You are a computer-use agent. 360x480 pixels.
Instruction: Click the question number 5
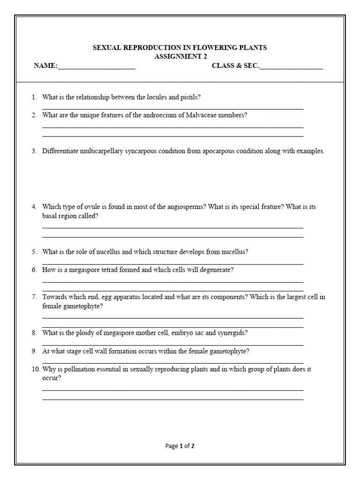pos(34,252)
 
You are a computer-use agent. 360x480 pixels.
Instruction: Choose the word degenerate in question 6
pos(217,270)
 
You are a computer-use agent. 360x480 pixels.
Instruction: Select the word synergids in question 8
pos(230,333)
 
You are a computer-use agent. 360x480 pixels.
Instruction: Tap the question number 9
pos(34,351)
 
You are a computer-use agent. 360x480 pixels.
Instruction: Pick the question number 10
pos(36,369)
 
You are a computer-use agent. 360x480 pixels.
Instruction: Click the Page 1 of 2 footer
pos(180,446)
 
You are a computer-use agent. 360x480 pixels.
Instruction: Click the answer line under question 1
pos(172,108)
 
